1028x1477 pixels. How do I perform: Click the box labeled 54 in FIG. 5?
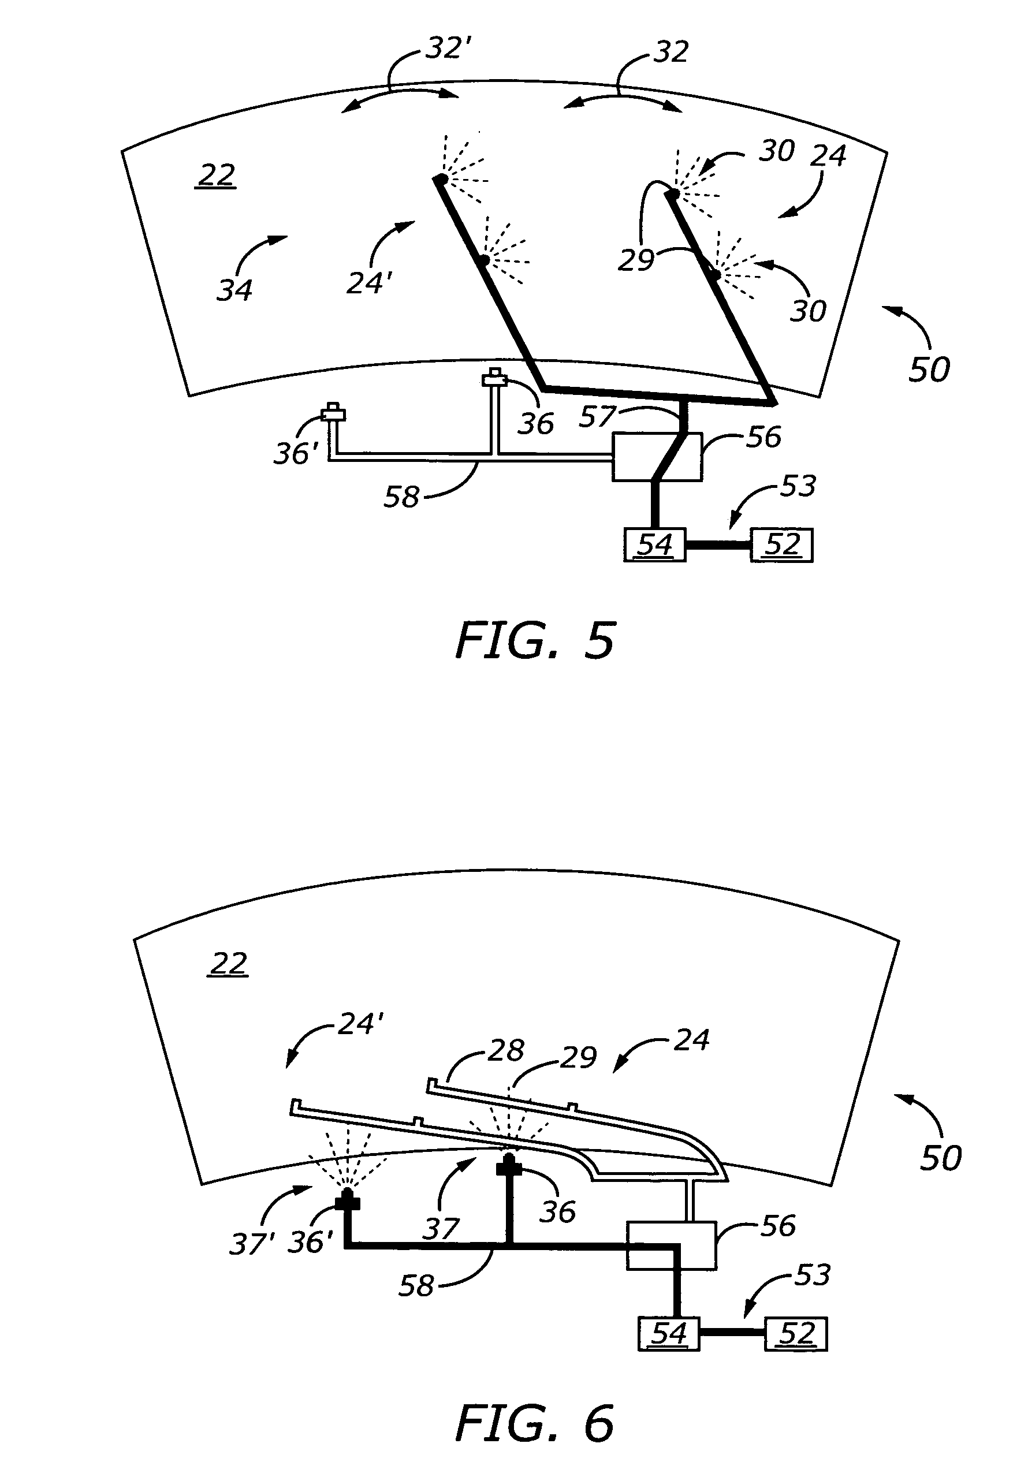coord(655,545)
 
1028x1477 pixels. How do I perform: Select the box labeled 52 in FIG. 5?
coord(781,545)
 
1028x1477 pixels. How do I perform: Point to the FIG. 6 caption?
coord(535,1423)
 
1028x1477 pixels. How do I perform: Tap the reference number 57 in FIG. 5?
coord(598,417)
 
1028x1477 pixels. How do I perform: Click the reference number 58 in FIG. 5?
coord(401,497)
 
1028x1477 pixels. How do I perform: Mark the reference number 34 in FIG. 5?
coord(234,290)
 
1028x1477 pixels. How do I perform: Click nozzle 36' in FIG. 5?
coord(333,412)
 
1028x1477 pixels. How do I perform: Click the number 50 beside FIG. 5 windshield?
coord(929,370)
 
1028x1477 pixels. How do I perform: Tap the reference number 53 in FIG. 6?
coord(813,1274)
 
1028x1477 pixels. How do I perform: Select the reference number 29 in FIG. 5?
coord(636,260)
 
